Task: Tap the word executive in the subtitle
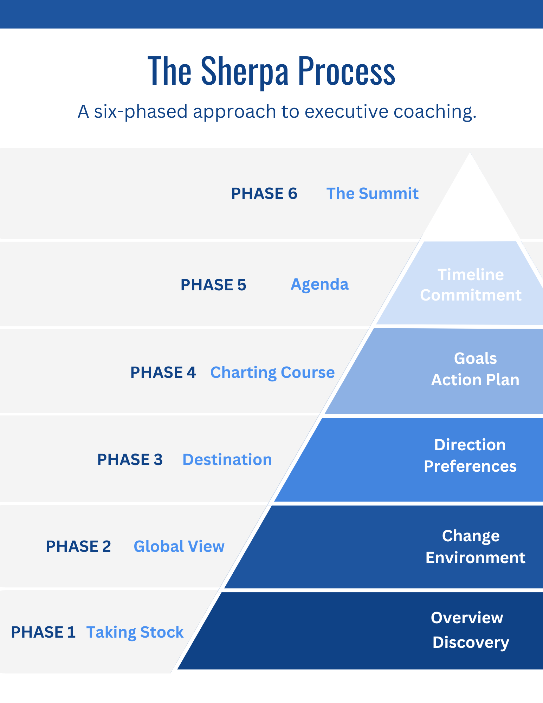point(346,111)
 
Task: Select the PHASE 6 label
point(264,194)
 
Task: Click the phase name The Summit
point(372,194)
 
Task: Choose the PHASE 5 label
point(213,285)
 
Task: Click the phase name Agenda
point(319,284)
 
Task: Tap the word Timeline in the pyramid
point(471,275)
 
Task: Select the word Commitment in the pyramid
point(471,295)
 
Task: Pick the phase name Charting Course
point(272,372)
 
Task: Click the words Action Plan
point(475,380)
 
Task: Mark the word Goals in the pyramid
point(475,359)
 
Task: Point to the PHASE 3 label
point(130,459)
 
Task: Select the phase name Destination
point(227,459)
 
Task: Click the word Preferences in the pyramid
point(470,466)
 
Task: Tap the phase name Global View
point(179,546)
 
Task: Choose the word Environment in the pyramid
point(475,558)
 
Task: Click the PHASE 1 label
point(43,632)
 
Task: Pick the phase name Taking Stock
point(135,632)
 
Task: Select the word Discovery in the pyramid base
point(471,643)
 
